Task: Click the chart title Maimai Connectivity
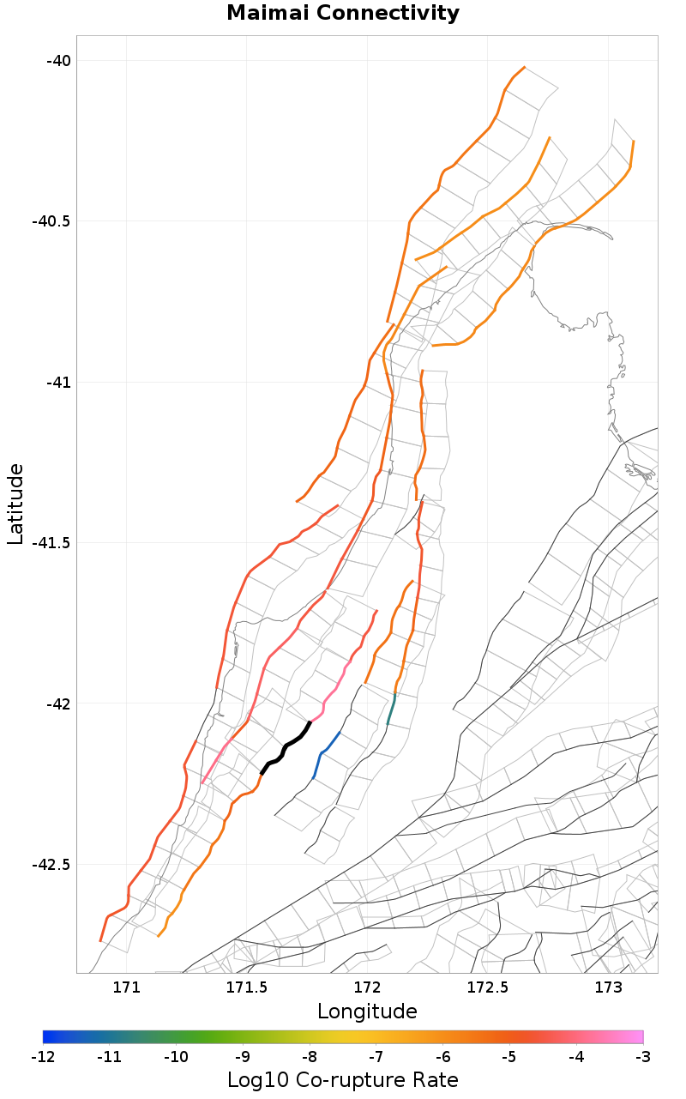343,14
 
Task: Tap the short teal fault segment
391,710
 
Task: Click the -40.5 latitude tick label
51,220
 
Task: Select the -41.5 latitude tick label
51,542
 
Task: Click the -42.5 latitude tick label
51,864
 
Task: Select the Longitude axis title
367,1011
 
